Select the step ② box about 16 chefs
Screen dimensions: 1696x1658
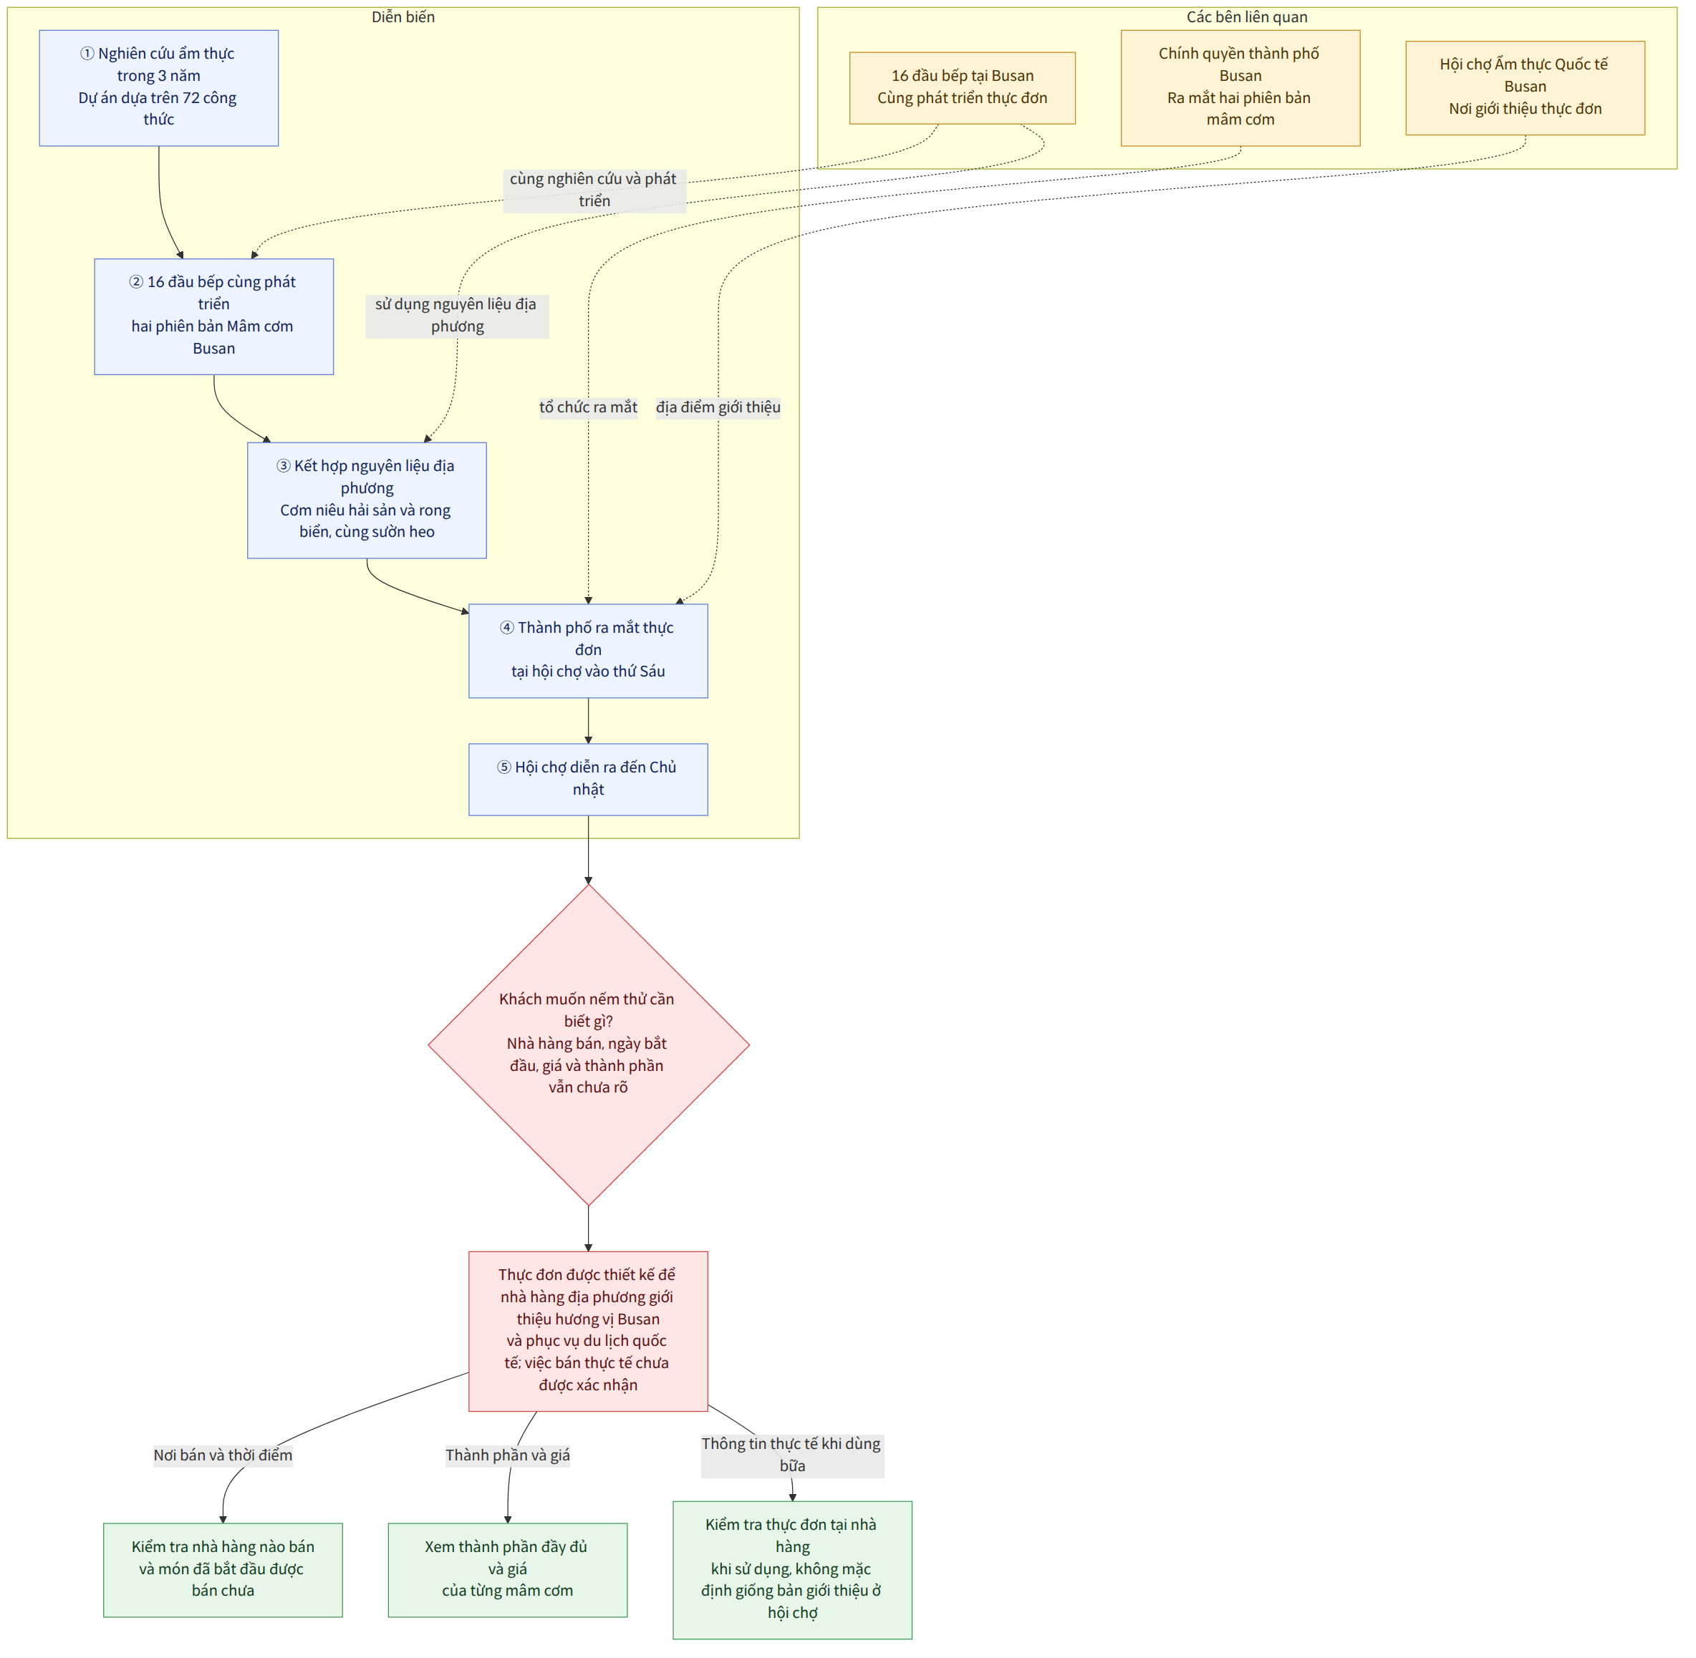click(x=214, y=318)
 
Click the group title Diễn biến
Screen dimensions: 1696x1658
click(x=404, y=17)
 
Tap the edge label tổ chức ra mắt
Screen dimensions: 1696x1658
click(x=589, y=408)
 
